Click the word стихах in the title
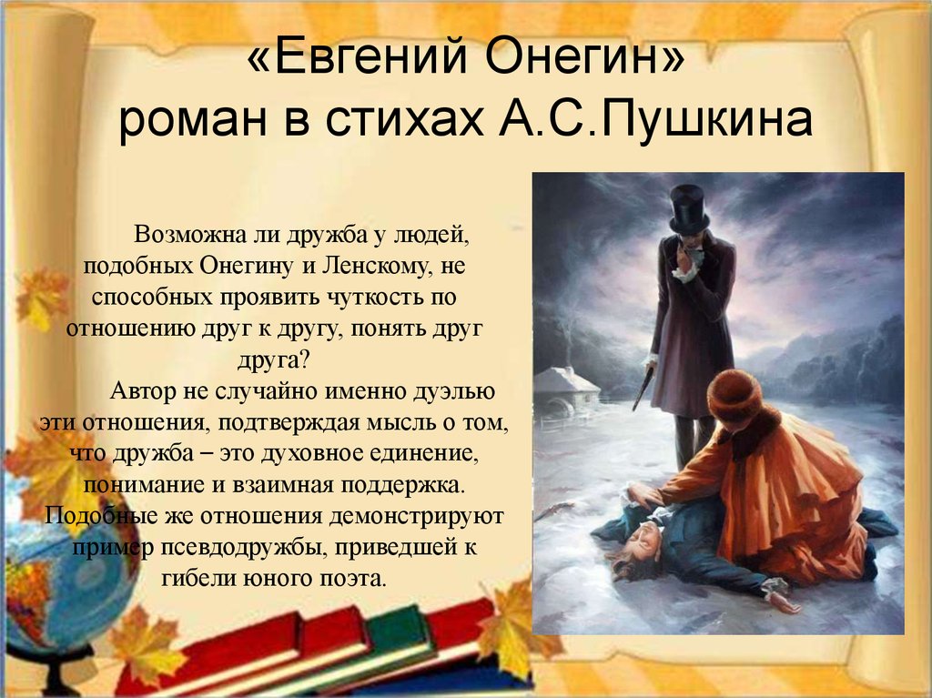pos(404,119)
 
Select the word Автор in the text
pos(143,392)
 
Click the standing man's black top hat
pos(689,208)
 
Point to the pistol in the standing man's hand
pos(643,389)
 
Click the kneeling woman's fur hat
pos(735,395)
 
